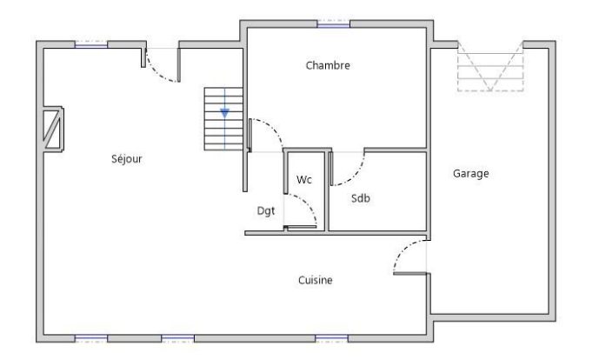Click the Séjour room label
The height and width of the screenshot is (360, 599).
click(x=126, y=158)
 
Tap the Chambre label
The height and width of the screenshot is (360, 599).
click(x=328, y=65)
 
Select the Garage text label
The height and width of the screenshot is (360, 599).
click(x=470, y=174)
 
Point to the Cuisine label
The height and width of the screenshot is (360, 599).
click(x=316, y=280)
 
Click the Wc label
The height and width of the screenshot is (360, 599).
click(x=304, y=180)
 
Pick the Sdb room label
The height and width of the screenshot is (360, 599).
click(x=361, y=198)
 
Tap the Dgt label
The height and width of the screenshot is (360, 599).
click(x=266, y=210)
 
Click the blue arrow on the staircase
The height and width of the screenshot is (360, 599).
click(x=224, y=113)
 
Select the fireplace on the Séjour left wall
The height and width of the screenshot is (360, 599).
click(x=54, y=130)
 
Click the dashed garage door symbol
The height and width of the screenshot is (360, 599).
click(x=490, y=67)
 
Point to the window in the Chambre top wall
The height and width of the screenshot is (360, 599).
click(x=334, y=24)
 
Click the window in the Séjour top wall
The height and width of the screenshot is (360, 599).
click(x=91, y=44)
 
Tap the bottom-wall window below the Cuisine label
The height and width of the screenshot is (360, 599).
click(x=331, y=338)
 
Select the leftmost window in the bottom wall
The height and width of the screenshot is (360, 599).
click(x=91, y=338)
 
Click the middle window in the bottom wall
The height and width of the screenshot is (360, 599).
click(x=177, y=338)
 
